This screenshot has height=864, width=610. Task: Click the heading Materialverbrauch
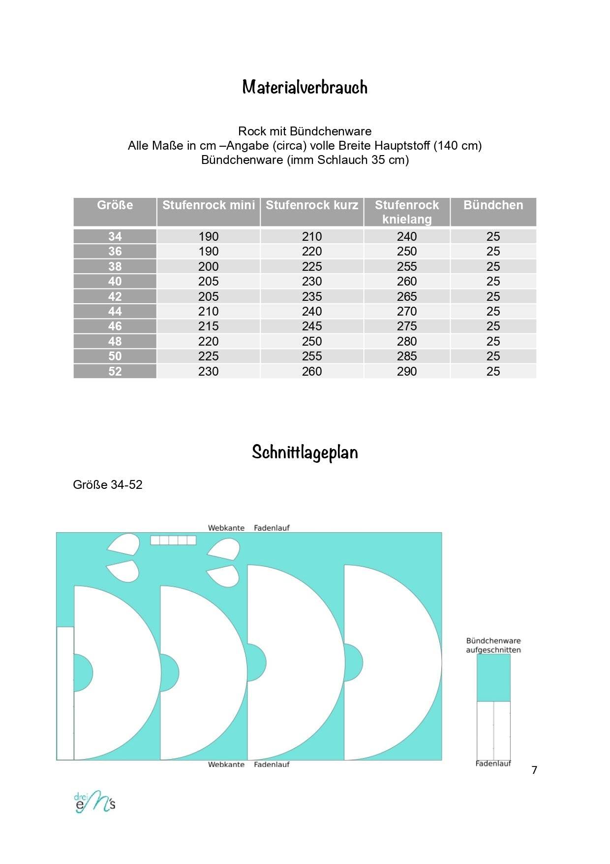click(305, 87)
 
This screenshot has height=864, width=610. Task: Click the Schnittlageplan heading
click(305, 452)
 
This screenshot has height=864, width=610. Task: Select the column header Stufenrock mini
click(209, 205)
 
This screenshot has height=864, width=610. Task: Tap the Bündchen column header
click(493, 205)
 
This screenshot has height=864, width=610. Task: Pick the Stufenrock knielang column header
click(407, 212)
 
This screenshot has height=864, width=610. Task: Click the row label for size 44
click(115, 311)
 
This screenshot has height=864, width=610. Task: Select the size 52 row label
click(115, 371)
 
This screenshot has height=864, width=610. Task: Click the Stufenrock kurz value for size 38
click(312, 266)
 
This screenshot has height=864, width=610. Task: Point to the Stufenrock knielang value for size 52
click(407, 371)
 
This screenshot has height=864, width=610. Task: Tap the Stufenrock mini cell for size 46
click(209, 326)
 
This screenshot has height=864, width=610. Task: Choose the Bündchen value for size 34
click(493, 236)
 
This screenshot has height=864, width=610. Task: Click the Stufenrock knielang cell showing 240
click(407, 236)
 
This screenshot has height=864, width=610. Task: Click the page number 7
click(534, 770)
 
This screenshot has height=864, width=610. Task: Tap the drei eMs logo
click(94, 802)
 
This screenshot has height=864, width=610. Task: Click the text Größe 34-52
click(108, 484)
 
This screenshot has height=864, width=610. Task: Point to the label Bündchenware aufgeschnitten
click(493, 645)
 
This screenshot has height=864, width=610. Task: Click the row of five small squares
click(173, 540)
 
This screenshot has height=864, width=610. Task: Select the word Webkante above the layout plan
click(226, 528)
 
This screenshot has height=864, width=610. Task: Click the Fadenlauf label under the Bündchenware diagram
click(493, 764)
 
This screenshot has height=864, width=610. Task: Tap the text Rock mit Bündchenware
click(305, 131)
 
